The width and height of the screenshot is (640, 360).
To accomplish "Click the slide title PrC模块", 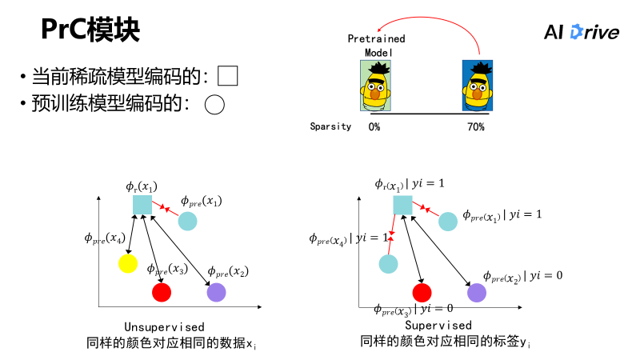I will (x=90, y=30).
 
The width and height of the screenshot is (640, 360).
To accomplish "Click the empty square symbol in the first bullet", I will (x=228, y=76).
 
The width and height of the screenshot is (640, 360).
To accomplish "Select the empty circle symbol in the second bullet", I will (x=214, y=104).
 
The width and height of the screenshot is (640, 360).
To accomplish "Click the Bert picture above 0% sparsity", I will (x=374, y=85).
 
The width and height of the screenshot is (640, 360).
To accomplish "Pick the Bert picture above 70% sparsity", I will (x=478, y=85).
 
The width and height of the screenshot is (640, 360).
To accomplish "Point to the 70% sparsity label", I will (x=475, y=126).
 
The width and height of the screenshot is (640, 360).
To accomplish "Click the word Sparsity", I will (x=330, y=126).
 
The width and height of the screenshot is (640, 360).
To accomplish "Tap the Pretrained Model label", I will (x=376, y=45).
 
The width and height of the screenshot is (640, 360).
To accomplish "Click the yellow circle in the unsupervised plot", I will (x=128, y=262).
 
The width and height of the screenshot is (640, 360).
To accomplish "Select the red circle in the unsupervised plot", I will (x=162, y=292).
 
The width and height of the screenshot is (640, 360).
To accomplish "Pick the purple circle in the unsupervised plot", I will (x=216, y=292).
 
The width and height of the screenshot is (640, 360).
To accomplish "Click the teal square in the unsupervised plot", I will (x=142, y=205).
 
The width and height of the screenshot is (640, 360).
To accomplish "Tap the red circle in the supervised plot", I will (x=422, y=292).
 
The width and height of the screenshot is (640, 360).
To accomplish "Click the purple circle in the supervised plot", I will (x=477, y=292).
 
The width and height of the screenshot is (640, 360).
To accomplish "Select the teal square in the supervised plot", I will (x=402, y=205).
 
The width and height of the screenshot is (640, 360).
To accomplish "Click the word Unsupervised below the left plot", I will (x=165, y=327).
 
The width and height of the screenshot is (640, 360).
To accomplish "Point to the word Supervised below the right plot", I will (x=438, y=326).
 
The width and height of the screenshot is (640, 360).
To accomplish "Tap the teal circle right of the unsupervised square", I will (x=188, y=221).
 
